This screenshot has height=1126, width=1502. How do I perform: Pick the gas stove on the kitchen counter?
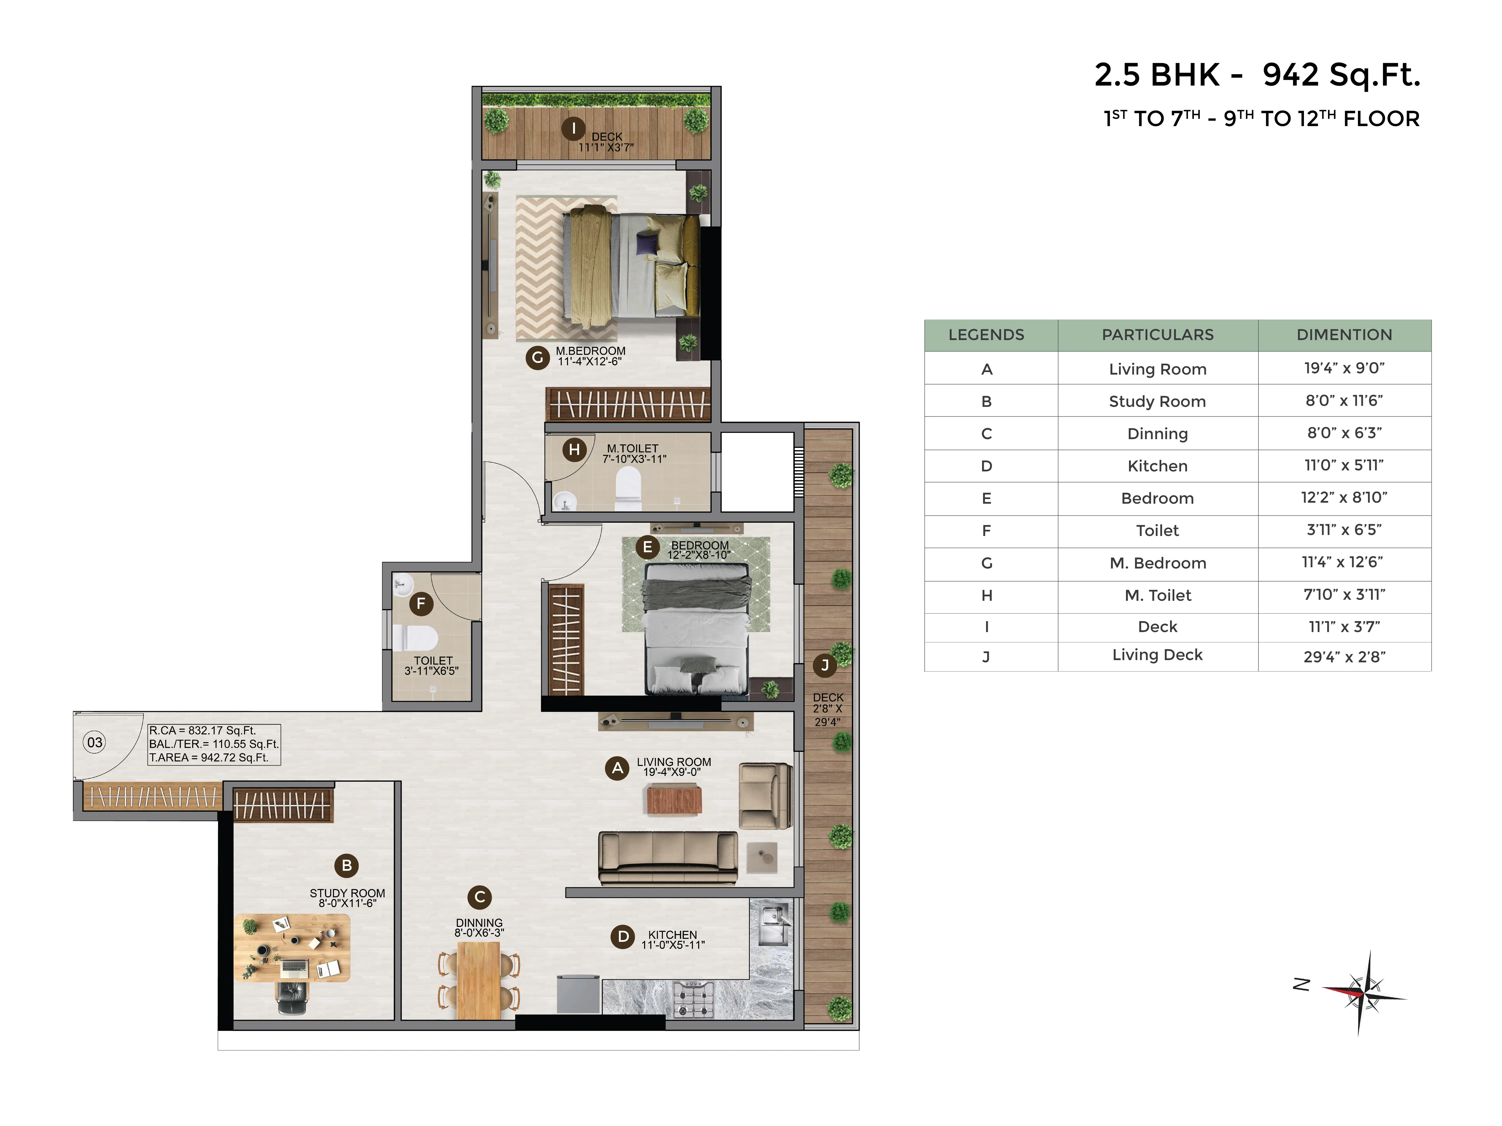click(x=693, y=999)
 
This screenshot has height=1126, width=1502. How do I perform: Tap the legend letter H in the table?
click(x=987, y=595)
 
